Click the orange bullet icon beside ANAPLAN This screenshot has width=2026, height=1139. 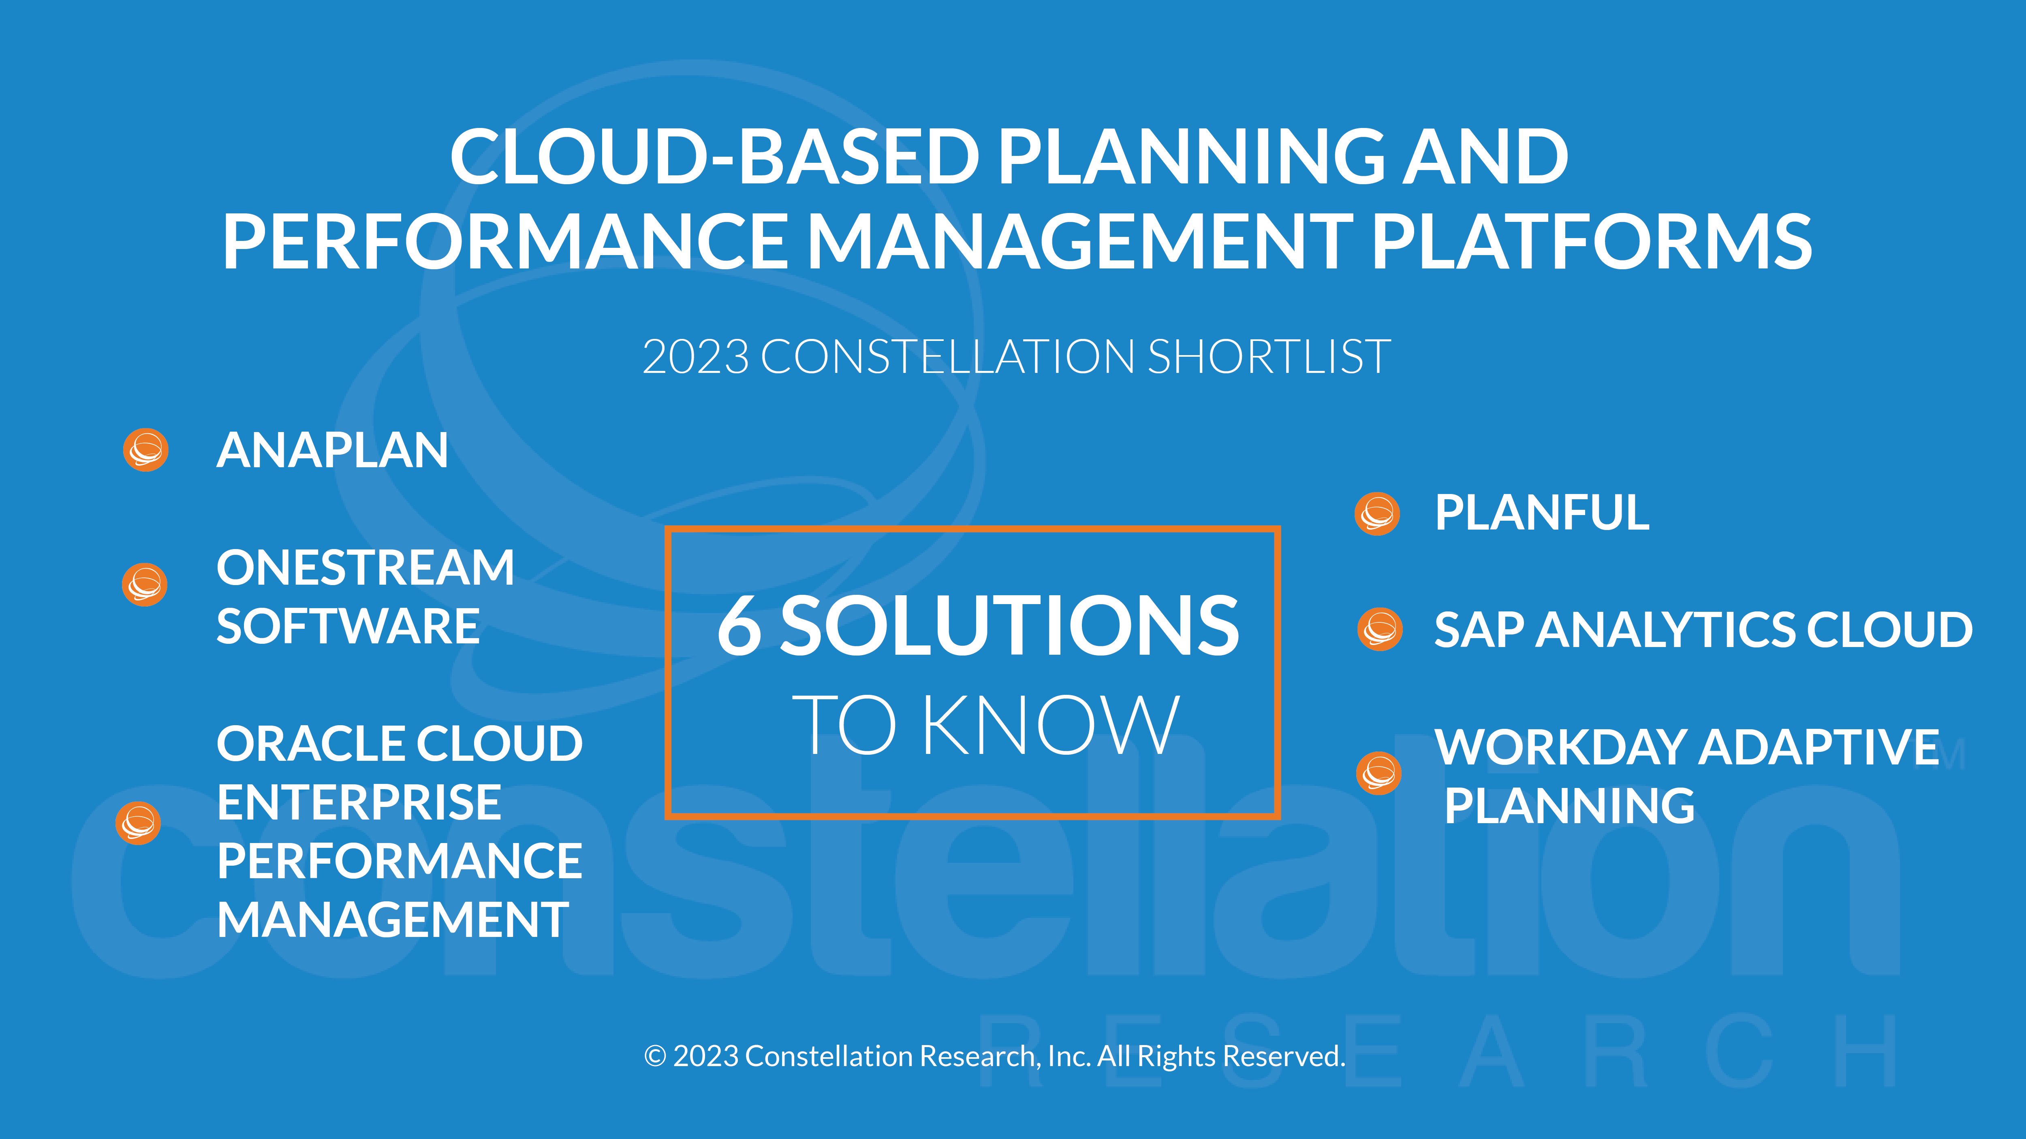click(x=145, y=449)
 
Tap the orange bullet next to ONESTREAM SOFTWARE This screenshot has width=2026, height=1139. click(x=145, y=584)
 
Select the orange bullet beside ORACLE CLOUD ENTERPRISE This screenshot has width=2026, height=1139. click(x=139, y=823)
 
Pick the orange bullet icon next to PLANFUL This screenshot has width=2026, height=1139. click(x=1377, y=514)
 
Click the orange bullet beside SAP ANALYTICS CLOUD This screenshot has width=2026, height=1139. click(x=1380, y=629)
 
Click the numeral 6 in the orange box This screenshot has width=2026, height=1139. click(x=739, y=625)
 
